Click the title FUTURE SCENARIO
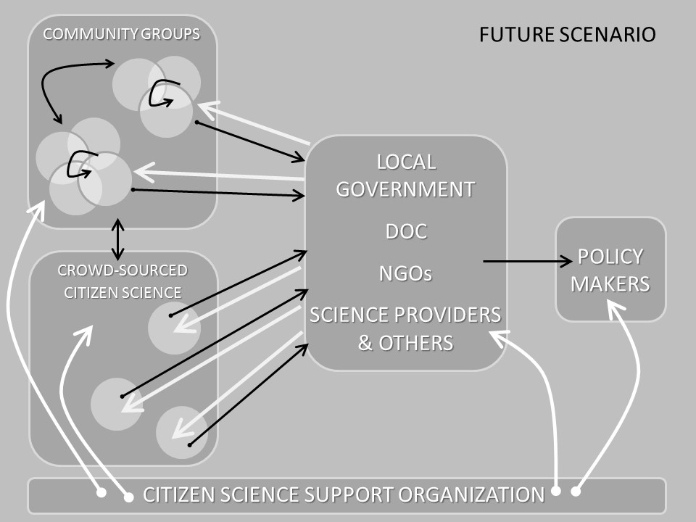pos(568,34)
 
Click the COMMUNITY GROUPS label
pos(121,34)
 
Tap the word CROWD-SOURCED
pos(123,270)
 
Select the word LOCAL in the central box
pos(406,161)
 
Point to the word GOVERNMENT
pos(405,189)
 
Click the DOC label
pos(405,232)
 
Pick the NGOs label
pos(405,273)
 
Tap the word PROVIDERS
pos(446,315)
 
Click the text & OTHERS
pos(405,342)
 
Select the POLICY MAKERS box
pos(610,269)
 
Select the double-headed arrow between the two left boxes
pos(117,239)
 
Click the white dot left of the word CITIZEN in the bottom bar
pos(129,497)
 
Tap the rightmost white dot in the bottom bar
pos(576,492)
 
